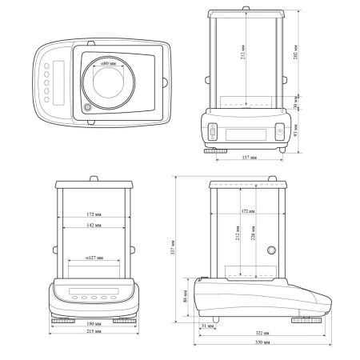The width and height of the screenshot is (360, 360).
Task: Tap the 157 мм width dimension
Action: (249, 158)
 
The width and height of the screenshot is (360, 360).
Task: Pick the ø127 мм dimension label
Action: (93, 258)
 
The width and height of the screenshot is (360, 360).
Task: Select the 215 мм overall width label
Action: (92, 331)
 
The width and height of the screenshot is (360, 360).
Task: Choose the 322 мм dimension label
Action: (260, 332)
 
